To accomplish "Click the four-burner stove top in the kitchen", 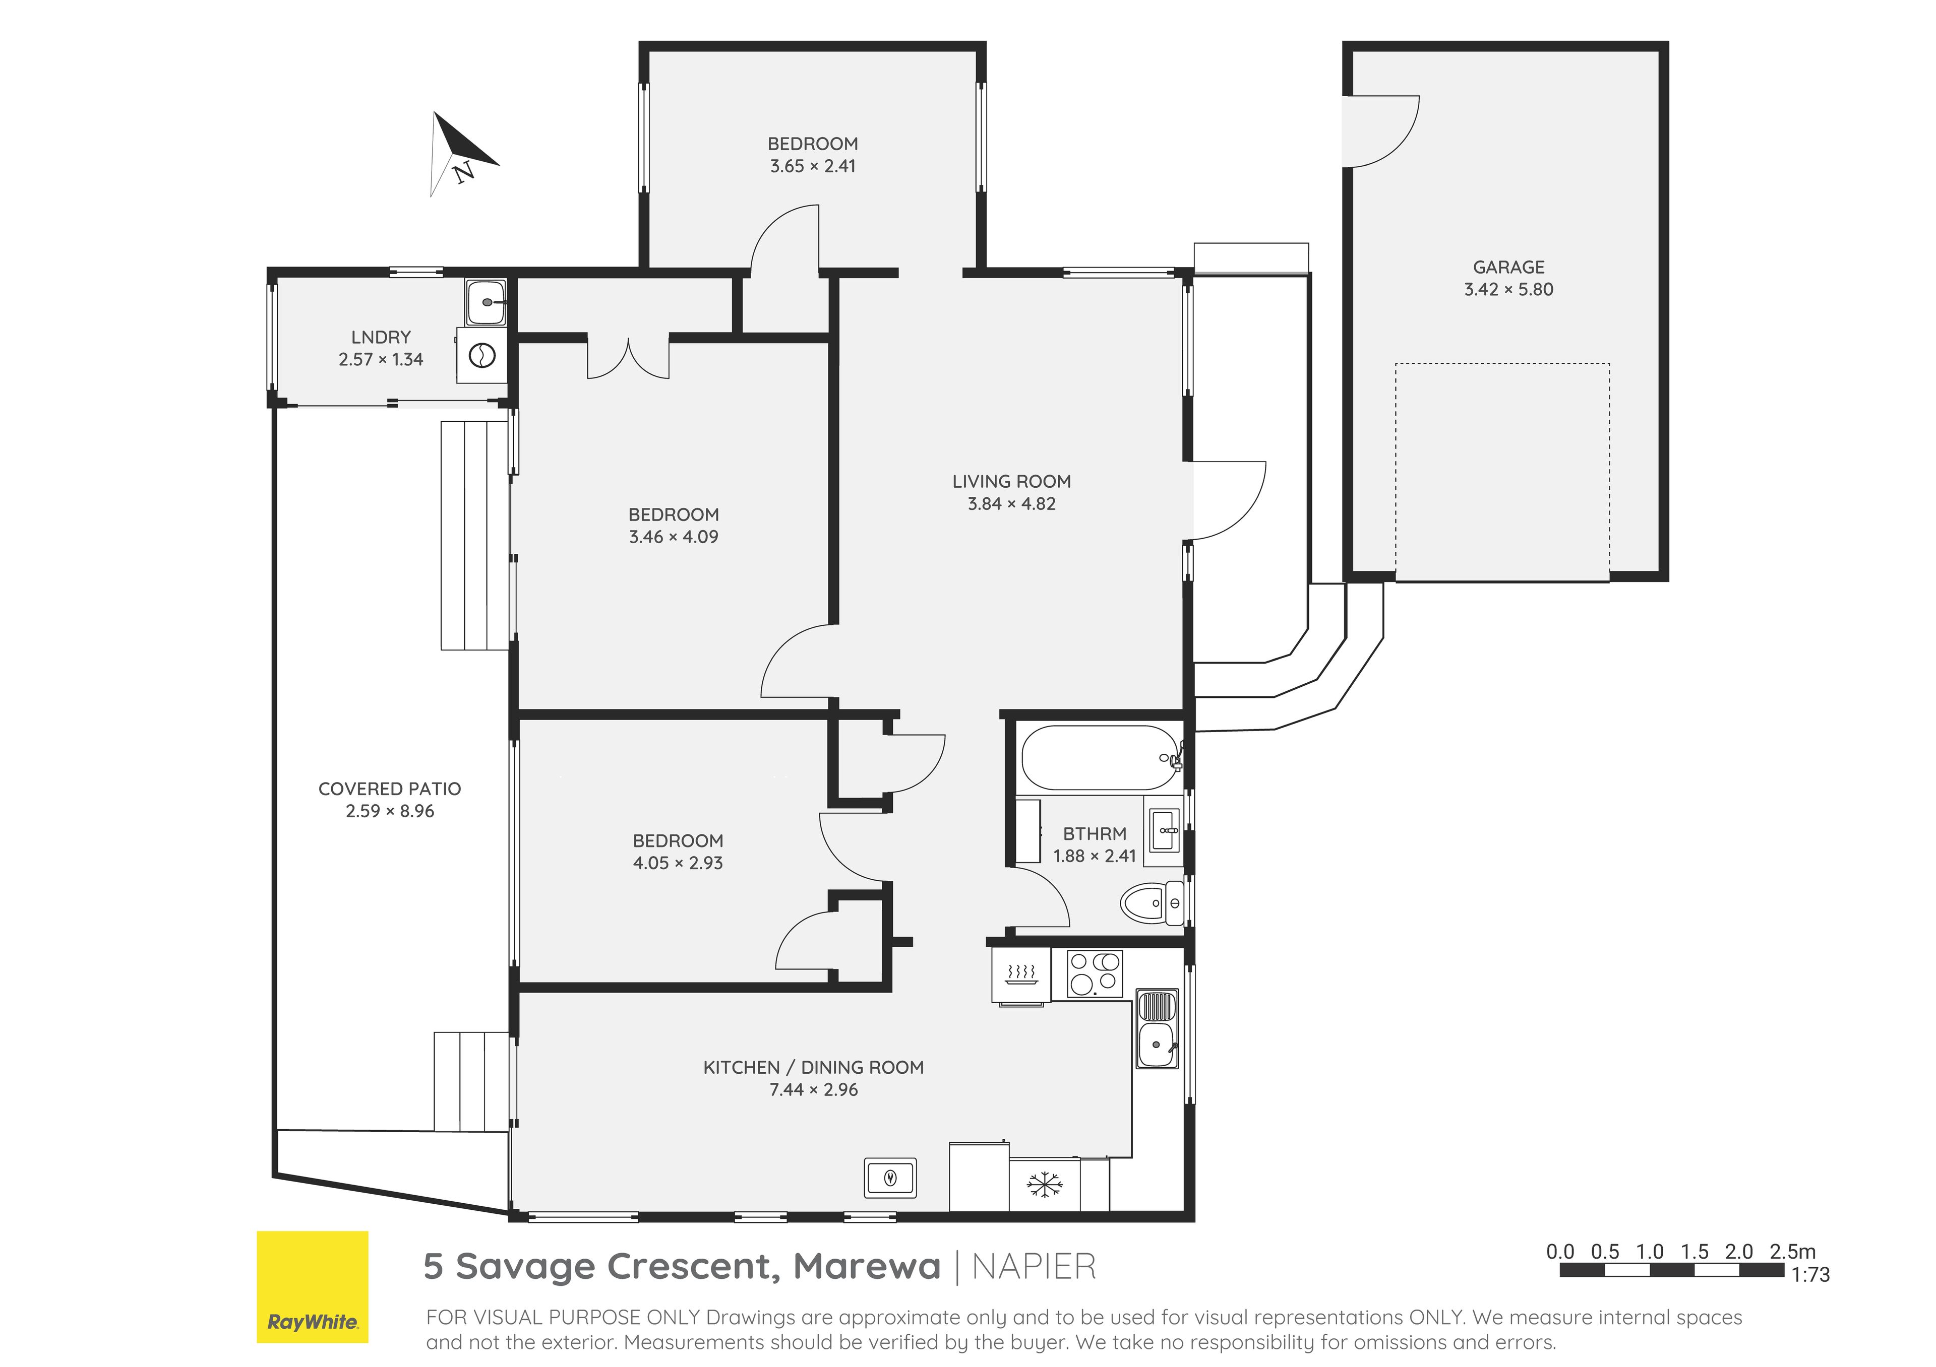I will [1095, 973].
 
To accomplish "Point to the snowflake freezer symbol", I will [1044, 1184].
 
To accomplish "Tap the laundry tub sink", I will [486, 301].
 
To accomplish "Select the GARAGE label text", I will [1508, 267].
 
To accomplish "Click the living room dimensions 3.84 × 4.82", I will [1011, 504].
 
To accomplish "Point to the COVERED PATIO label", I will [390, 789].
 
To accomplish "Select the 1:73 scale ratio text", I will [1810, 1275].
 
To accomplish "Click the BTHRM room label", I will [1095, 833].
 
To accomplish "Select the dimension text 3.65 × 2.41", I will [812, 166].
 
